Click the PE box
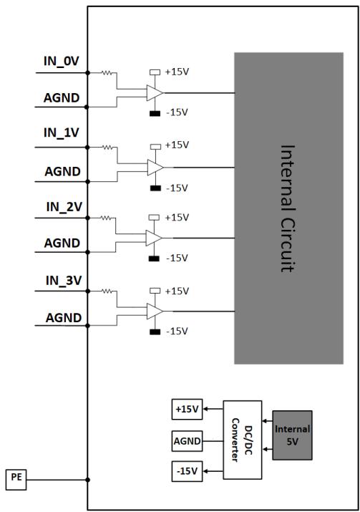[16, 479]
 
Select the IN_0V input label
[62, 61]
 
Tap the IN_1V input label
[62, 132]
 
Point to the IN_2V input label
[64, 207]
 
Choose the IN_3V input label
[64, 281]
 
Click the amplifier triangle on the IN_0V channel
[155, 93]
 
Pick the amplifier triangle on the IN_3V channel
[155, 311]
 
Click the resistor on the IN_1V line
[107, 148]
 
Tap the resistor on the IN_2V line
[106, 218]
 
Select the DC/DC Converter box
[242, 440]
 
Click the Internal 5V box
[292, 435]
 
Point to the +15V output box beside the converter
[187, 409]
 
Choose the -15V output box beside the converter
[187, 471]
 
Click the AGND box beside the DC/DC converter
[187, 441]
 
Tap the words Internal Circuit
[288, 208]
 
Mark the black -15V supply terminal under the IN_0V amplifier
[155, 114]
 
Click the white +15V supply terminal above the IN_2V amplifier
[154, 218]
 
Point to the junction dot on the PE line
[87, 480]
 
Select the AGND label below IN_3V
[63, 318]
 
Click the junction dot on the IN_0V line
[87, 73]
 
